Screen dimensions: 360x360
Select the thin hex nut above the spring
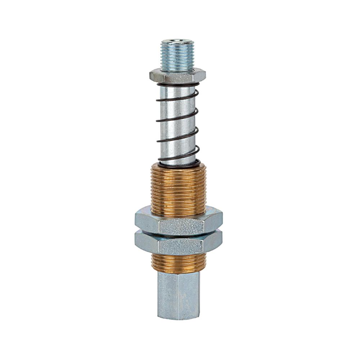(x=177, y=76)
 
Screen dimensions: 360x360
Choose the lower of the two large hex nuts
(x=178, y=245)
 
